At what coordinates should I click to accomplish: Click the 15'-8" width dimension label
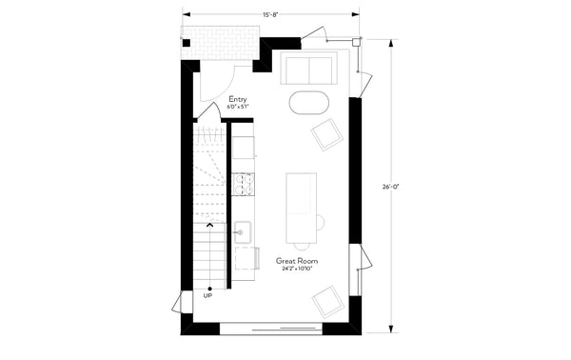tap(271, 12)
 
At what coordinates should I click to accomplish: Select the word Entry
tap(238, 99)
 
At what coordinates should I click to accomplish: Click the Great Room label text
tap(297, 260)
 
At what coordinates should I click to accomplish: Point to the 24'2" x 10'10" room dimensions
tap(297, 270)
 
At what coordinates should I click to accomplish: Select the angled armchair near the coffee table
tap(328, 135)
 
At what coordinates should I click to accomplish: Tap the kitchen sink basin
tap(243, 230)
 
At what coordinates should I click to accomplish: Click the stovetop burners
tap(243, 183)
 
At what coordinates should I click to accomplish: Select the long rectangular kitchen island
tap(302, 207)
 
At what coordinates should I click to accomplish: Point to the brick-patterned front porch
tap(222, 40)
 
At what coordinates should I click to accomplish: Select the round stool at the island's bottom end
tap(319, 223)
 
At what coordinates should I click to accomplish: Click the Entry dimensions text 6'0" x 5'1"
tap(238, 108)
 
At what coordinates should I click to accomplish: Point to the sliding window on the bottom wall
tap(269, 330)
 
